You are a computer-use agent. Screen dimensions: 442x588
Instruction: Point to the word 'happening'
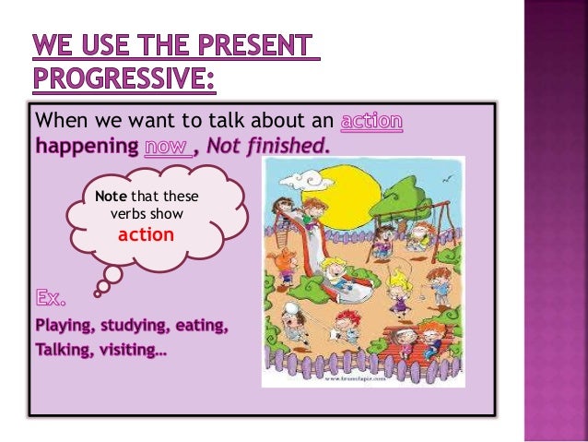tap(86, 146)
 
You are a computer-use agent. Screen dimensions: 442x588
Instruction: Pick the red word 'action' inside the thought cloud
tap(146, 234)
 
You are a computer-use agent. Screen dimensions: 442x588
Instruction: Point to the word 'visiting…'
tap(128, 351)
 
